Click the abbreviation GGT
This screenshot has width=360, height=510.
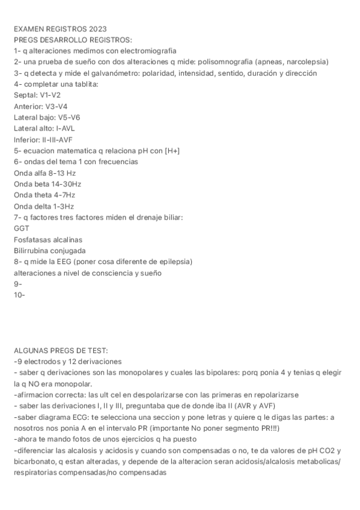tap(21, 229)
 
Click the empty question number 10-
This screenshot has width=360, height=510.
tap(19, 295)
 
